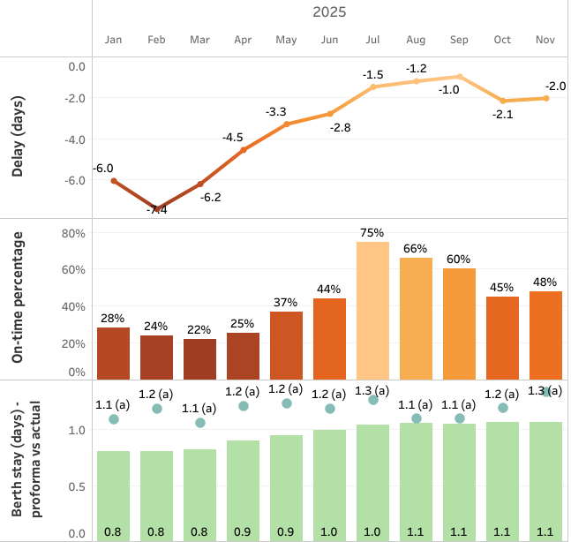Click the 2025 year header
point(329,12)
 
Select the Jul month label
point(372,40)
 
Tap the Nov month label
point(545,40)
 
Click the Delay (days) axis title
point(18,138)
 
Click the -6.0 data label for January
point(104,168)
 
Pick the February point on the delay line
point(157,208)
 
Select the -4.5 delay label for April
point(233,138)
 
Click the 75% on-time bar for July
point(372,309)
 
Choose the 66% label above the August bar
point(416,249)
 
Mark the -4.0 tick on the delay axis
point(75,139)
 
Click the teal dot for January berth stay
point(114,419)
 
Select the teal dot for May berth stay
point(287,403)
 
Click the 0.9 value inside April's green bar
point(244,532)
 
